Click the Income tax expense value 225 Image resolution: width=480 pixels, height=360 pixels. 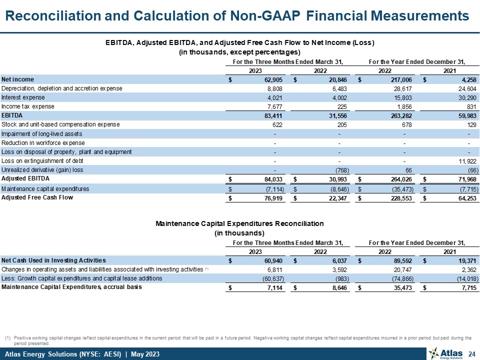[x=337, y=106]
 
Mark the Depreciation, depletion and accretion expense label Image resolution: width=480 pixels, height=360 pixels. [x=62, y=88]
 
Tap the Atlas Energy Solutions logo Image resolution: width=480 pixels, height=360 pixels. [x=444, y=354]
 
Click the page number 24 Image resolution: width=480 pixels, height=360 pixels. [x=470, y=354]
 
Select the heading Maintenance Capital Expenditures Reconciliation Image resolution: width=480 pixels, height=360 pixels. [x=239, y=223]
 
